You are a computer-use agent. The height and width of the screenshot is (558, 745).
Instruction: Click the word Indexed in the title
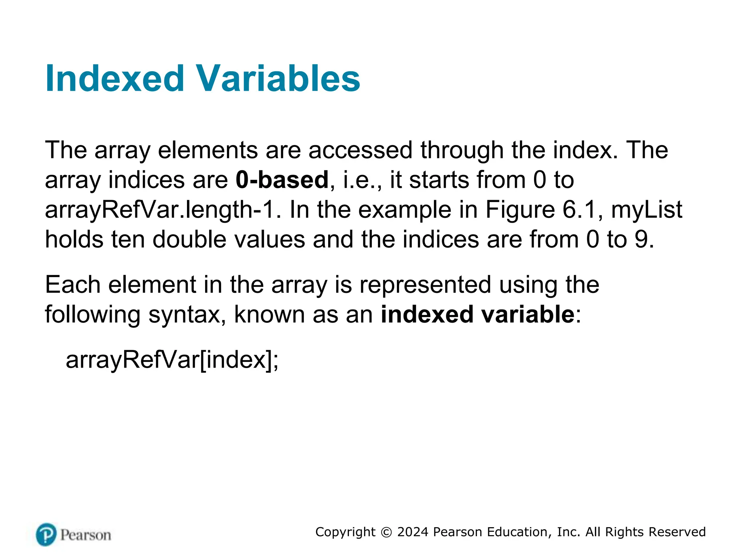(x=115, y=78)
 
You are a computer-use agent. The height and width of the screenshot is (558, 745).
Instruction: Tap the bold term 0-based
(x=282, y=180)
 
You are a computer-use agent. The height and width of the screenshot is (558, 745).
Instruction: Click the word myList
(x=646, y=210)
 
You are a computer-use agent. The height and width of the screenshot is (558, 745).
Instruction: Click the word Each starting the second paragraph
(x=72, y=284)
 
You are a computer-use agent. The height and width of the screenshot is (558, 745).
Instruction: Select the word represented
(x=425, y=284)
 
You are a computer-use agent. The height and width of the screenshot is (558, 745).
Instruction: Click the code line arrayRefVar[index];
(x=172, y=360)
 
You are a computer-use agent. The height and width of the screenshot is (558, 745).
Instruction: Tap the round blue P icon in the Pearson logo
(x=46, y=534)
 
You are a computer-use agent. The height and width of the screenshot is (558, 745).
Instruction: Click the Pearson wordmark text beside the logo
(x=85, y=535)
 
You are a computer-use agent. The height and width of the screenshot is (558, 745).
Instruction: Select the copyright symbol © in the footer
(x=386, y=532)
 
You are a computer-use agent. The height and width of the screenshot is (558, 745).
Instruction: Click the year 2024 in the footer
(x=413, y=532)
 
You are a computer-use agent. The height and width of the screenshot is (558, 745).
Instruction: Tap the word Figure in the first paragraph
(x=520, y=210)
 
